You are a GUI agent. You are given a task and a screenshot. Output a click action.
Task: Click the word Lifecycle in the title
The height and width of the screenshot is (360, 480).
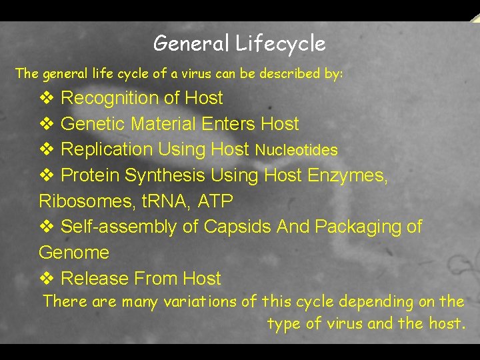[x=280, y=44]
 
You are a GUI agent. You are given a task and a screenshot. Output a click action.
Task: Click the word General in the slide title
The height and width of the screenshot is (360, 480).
[x=191, y=44]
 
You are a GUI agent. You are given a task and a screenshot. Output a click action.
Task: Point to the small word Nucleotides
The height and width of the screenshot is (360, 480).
[x=297, y=151]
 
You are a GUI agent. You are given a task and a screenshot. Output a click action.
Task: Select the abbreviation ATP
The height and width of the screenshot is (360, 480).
[x=214, y=201]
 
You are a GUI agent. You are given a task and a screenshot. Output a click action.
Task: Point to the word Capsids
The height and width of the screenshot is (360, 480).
[x=237, y=227]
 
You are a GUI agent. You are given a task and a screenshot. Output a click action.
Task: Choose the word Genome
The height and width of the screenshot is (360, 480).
[x=74, y=253]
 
